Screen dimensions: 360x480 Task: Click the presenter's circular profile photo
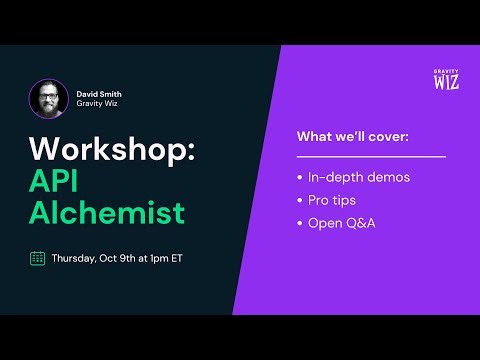(49, 99)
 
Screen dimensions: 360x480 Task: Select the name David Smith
(99, 94)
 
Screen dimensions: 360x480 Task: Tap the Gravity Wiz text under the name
(98, 105)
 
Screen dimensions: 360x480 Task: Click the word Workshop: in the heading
(114, 149)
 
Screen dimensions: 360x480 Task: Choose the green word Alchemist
(107, 213)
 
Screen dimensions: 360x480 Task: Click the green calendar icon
(37, 258)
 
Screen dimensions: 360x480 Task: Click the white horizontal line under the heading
(371, 156)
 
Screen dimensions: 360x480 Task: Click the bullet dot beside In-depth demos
(300, 178)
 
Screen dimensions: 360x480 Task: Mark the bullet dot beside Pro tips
(300, 200)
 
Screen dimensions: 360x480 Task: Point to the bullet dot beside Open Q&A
(300, 222)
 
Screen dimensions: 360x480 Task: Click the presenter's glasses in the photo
(49, 95)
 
